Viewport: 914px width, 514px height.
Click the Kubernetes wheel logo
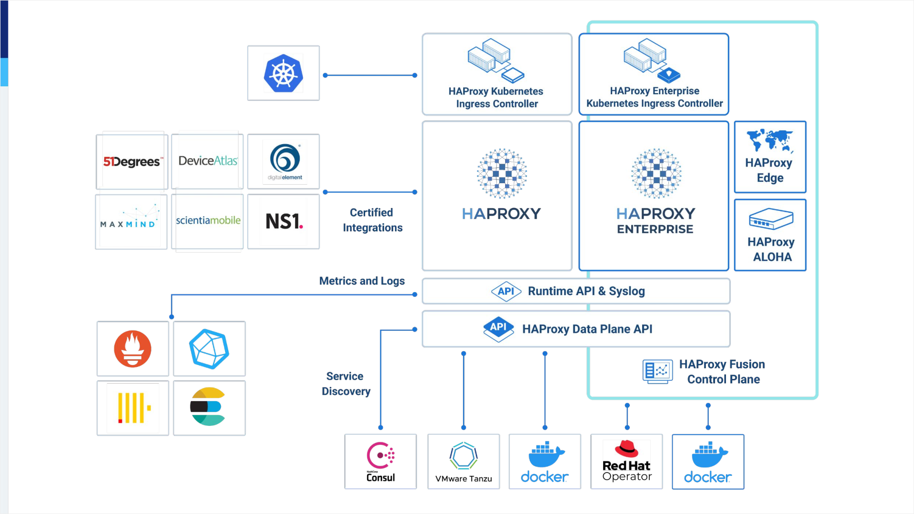(283, 73)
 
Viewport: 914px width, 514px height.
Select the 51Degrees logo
(131, 162)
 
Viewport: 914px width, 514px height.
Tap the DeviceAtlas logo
(208, 161)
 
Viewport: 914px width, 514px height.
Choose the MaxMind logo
(129, 219)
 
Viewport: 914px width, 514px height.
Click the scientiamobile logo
(208, 220)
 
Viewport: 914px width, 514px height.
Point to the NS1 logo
(284, 221)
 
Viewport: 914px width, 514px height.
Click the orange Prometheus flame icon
(133, 349)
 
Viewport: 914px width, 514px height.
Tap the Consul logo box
(380, 462)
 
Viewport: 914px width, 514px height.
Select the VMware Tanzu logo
(464, 462)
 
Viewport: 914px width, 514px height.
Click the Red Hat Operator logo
(626, 462)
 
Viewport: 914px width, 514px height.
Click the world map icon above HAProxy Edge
(770, 140)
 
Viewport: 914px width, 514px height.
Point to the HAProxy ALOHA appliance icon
(771, 219)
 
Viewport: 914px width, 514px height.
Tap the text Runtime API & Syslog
(586, 291)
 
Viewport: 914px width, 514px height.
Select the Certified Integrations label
(372, 220)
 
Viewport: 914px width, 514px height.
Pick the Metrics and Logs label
(362, 281)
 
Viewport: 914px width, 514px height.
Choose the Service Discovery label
(346, 384)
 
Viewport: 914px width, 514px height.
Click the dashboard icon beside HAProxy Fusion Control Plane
(657, 371)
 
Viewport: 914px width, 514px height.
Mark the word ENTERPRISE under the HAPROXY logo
(655, 229)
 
